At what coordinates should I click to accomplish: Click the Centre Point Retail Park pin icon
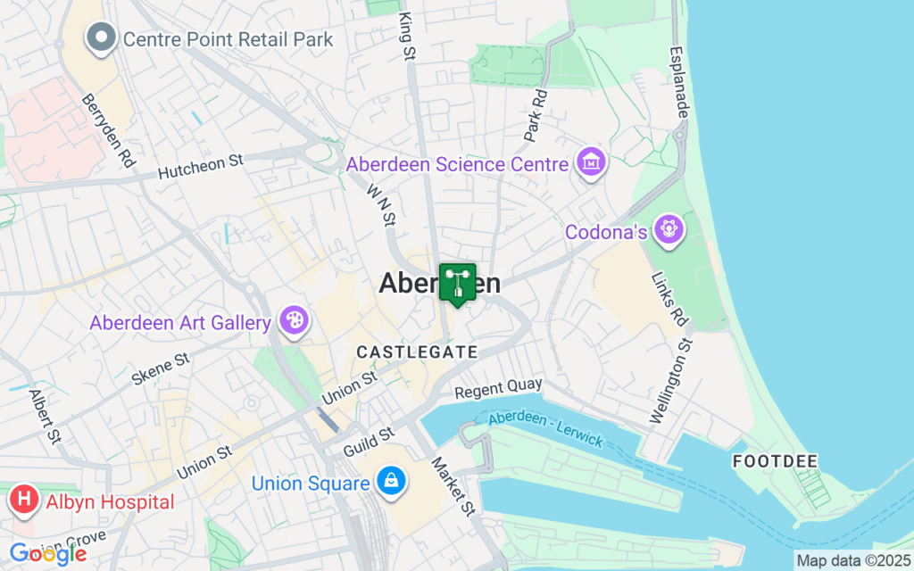click(101, 38)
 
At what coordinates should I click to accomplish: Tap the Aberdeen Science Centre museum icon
click(591, 164)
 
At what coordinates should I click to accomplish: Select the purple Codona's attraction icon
click(669, 231)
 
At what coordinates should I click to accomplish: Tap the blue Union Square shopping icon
click(391, 484)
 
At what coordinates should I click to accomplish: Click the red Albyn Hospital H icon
click(24, 502)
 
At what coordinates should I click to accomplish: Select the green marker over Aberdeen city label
click(457, 285)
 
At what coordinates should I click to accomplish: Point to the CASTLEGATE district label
click(417, 352)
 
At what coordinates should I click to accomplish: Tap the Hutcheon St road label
click(201, 167)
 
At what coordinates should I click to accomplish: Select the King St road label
click(408, 37)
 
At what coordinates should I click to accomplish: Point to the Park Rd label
click(535, 114)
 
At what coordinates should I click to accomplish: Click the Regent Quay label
click(498, 388)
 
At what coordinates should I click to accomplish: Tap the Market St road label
click(453, 487)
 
